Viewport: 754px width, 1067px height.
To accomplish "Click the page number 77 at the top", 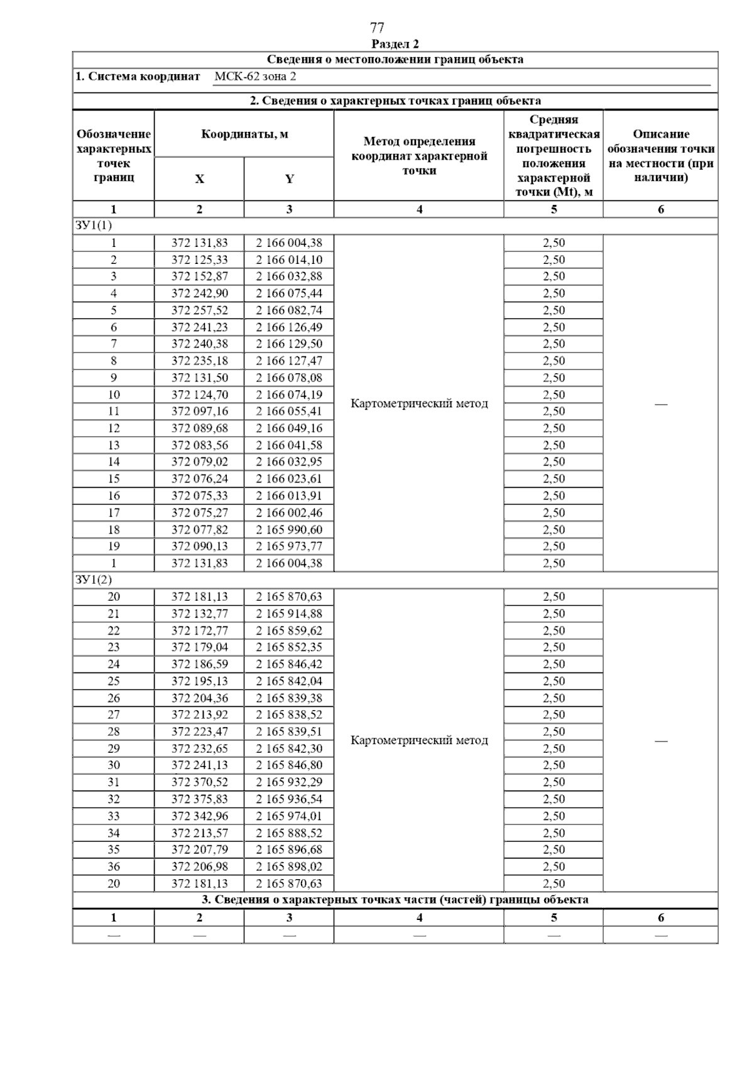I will click(x=377, y=28).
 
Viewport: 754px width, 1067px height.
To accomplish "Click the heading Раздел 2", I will click(x=395, y=44).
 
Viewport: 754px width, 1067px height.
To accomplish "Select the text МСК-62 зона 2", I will click(x=254, y=77).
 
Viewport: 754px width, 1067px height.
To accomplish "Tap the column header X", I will click(x=199, y=179).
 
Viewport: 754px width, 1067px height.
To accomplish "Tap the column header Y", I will click(x=289, y=179).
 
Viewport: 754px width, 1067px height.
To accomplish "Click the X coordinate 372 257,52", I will click(x=199, y=310).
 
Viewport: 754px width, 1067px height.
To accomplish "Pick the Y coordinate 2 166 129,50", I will click(x=288, y=344).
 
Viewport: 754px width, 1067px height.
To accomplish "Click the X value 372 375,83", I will click(x=199, y=799).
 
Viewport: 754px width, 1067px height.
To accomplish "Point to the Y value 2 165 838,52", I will click(x=288, y=714).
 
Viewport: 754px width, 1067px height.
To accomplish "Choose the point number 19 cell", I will click(x=114, y=546).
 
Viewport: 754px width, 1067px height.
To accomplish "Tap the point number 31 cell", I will click(x=114, y=782).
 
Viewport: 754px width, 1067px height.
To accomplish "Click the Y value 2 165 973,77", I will click(x=288, y=546).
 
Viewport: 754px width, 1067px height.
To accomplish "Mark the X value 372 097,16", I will click(x=199, y=412).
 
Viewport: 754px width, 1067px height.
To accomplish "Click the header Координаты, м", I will click(x=244, y=134).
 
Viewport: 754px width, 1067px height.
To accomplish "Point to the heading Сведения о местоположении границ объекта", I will click(x=395, y=60).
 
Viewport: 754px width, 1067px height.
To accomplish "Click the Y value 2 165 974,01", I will click(x=288, y=816).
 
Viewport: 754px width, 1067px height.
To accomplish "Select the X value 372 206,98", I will click(x=199, y=867).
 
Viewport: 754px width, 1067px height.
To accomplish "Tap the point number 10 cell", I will click(x=114, y=395).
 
